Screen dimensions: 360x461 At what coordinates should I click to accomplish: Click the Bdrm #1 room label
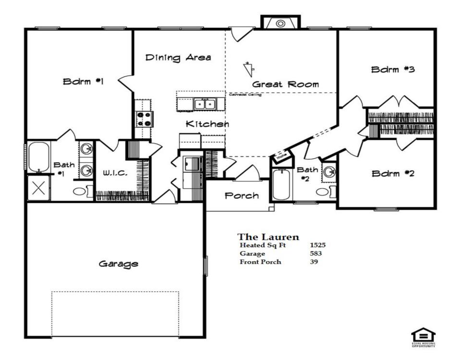(x=84, y=82)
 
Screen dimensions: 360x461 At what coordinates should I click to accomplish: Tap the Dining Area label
(x=178, y=58)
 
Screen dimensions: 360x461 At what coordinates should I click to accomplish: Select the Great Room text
(x=285, y=84)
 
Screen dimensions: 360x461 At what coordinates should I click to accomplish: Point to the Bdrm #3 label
(x=393, y=70)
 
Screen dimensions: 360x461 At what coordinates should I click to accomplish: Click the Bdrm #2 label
(x=393, y=173)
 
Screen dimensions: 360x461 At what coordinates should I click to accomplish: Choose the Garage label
(x=119, y=264)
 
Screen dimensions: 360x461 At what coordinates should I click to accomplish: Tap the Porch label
(x=242, y=196)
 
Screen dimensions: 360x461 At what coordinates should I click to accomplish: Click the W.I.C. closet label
(x=115, y=173)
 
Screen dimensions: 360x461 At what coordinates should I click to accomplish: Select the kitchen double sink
(x=205, y=104)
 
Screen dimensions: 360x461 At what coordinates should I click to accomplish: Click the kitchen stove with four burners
(x=143, y=118)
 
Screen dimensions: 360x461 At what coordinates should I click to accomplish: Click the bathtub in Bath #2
(x=281, y=185)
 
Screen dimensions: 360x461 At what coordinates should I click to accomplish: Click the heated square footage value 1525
(x=317, y=245)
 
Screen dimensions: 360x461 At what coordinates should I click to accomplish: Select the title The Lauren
(x=268, y=237)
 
